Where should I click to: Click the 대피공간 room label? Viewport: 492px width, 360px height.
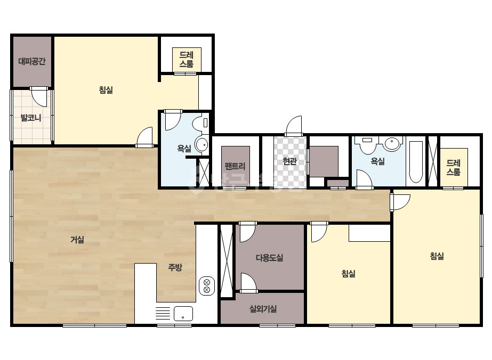pos(31,61)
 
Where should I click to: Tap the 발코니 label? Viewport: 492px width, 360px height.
pos(31,118)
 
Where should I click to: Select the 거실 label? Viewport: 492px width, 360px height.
pos(77,240)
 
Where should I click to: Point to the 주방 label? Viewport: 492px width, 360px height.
pos(175,267)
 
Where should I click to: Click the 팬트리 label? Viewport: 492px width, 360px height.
pos(235,166)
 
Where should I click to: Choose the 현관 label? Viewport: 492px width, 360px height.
pos(289,161)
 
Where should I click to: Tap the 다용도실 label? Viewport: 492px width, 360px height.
pos(270,258)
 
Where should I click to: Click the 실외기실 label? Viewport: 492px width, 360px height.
pos(263,309)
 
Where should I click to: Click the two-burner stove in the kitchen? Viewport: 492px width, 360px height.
pos(207,286)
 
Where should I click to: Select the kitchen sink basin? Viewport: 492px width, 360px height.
pos(183,314)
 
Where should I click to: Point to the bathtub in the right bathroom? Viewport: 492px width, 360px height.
pos(416,162)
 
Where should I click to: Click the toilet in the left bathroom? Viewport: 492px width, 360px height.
pos(201,122)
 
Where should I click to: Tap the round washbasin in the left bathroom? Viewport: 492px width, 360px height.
pos(201,145)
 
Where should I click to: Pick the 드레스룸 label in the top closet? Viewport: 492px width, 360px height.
pos(187,60)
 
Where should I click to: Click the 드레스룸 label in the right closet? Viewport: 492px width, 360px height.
pos(454,167)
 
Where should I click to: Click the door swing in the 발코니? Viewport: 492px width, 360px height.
pos(39,97)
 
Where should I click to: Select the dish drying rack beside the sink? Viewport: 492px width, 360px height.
pos(163,313)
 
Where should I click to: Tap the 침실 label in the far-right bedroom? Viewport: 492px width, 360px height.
pos(437,256)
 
